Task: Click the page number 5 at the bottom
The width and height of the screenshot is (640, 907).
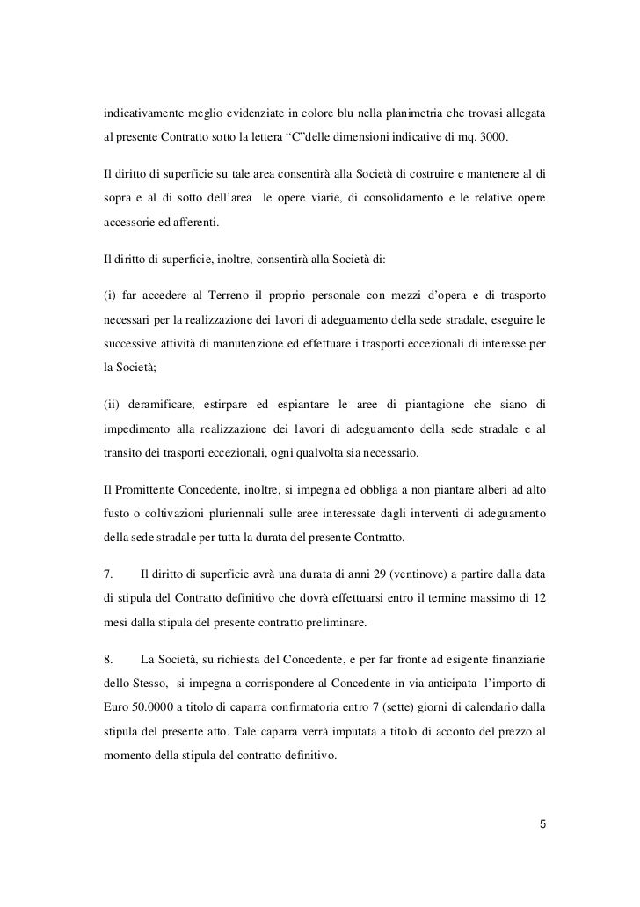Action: click(x=542, y=824)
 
